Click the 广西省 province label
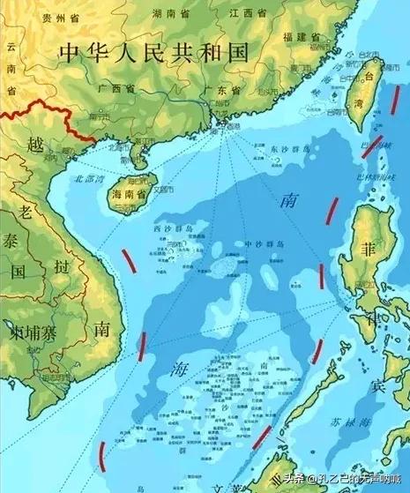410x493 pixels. [x=114, y=89]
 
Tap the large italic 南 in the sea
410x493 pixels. [x=287, y=202]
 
